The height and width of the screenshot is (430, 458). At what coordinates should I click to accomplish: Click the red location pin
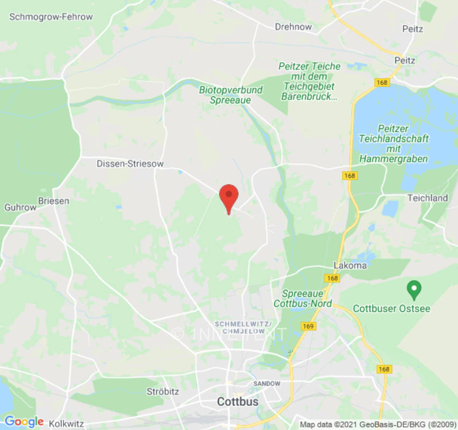(x=229, y=197)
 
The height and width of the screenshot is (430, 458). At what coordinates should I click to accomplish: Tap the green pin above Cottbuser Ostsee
(x=413, y=290)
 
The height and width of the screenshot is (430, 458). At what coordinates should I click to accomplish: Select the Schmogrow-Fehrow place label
(x=51, y=17)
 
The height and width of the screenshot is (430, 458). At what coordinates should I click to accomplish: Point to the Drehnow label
(x=293, y=26)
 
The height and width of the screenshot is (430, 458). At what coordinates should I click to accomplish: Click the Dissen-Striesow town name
(x=130, y=163)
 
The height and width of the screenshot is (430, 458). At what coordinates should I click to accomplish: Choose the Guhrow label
(x=20, y=207)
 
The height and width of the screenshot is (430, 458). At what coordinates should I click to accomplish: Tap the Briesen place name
(x=53, y=201)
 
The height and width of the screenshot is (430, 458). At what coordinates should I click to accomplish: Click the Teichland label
(x=427, y=198)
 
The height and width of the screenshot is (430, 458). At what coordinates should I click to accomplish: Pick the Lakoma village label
(x=350, y=265)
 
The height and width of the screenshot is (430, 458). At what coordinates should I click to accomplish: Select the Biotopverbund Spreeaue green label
(x=230, y=95)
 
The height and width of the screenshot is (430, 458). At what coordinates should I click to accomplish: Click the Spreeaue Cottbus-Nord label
(x=306, y=298)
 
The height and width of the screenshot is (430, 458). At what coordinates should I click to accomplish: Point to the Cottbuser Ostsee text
(x=391, y=309)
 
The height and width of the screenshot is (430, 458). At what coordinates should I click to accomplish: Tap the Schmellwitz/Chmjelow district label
(x=243, y=327)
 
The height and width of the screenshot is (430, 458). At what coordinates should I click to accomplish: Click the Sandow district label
(x=267, y=383)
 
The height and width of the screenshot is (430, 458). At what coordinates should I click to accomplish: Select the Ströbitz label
(x=163, y=391)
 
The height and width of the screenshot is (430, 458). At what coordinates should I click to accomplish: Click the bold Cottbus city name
(x=237, y=402)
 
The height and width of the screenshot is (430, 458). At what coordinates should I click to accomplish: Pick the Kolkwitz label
(x=66, y=424)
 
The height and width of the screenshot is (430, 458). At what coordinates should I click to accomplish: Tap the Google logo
(x=24, y=422)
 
